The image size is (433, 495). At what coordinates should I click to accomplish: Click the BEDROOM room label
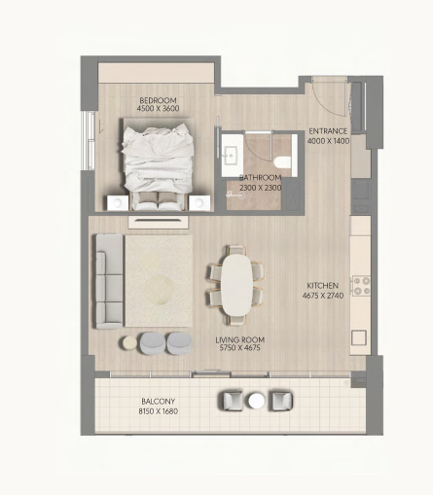click(158, 100)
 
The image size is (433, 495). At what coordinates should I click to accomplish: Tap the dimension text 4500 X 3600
click(158, 108)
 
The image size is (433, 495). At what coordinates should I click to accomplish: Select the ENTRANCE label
click(328, 131)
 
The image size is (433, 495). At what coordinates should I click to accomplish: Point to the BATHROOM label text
click(260, 178)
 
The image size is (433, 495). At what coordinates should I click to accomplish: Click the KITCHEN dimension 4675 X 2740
click(323, 296)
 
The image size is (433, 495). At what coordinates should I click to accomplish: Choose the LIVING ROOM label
click(240, 339)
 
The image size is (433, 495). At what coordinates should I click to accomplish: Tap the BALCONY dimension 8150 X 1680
click(159, 411)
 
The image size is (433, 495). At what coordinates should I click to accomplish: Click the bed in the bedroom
click(158, 163)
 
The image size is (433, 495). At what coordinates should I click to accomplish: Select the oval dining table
click(236, 285)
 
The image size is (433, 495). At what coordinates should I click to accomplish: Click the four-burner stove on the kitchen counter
click(361, 286)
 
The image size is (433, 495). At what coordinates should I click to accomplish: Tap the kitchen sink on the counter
click(359, 337)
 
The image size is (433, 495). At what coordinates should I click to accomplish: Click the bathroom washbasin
click(232, 156)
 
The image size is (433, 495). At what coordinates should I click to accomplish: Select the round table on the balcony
click(257, 401)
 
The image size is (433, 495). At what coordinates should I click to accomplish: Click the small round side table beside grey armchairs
click(129, 343)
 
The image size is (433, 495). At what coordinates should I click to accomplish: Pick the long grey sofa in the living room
click(109, 281)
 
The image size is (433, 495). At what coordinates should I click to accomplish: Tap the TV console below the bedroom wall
click(159, 223)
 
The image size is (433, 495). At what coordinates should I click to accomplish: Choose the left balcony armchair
click(233, 401)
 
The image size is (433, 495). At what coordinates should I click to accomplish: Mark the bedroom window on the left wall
click(88, 141)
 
